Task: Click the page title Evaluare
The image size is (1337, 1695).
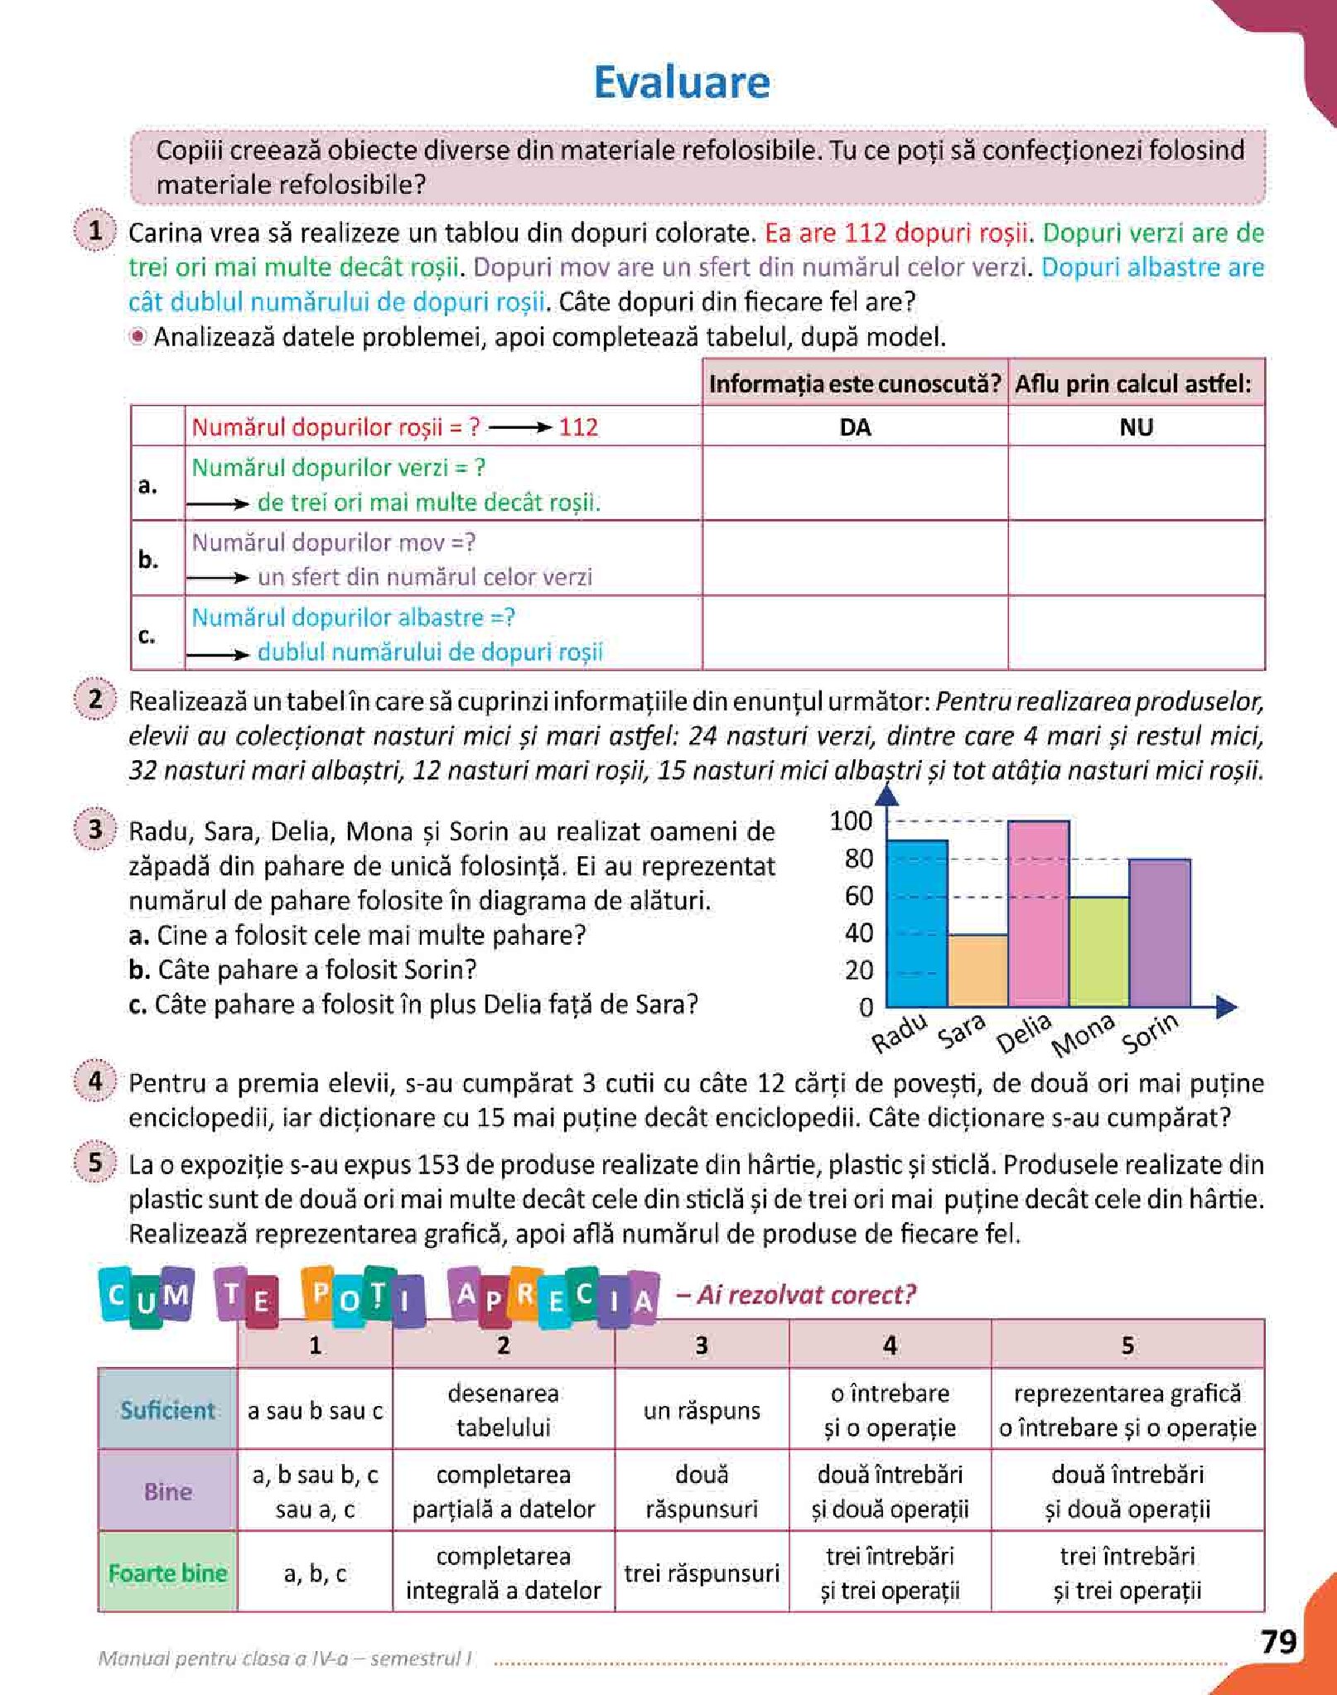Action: pyautogui.click(x=682, y=83)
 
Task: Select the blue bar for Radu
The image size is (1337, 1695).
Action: pyautogui.click(x=916, y=923)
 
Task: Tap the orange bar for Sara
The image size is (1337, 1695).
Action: pyautogui.click(x=977, y=970)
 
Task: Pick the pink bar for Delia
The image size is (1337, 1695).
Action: pyautogui.click(x=1038, y=913)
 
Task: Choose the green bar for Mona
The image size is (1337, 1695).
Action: pyautogui.click(x=1098, y=951)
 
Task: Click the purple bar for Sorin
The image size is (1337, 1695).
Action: pyautogui.click(x=1160, y=932)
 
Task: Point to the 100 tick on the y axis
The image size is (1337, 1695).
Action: pyautogui.click(x=851, y=821)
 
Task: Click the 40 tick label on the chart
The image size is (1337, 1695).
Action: pyautogui.click(x=858, y=933)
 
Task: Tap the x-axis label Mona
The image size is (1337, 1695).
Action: pyautogui.click(x=1083, y=1036)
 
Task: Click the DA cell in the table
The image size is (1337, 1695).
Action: pyautogui.click(x=855, y=427)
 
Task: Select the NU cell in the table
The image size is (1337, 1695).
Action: pyautogui.click(x=1136, y=427)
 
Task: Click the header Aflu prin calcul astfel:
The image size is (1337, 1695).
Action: pyautogui.click(x=1134, y=384)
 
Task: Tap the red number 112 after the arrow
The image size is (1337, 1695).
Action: pyautogui.click(x=578, y=427)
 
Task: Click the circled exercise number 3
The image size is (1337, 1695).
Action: pyautogui.click(x=95, y=829)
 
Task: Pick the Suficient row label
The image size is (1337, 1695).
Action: pyautogui.click(x=167, y=1409)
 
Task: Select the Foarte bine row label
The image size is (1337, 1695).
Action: pyautogui.click(x=167, y=1572)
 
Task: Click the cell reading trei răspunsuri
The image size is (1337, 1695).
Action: pyautogui.click(x=702, y=1572)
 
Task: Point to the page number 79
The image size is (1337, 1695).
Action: pyautogui.click(x=1278, y=1641)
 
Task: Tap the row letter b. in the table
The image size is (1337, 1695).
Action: pyautogui.click(x=148, y=560)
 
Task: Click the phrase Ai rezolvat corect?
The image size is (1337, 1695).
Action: pyautogui.click(x=806, y=1294)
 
